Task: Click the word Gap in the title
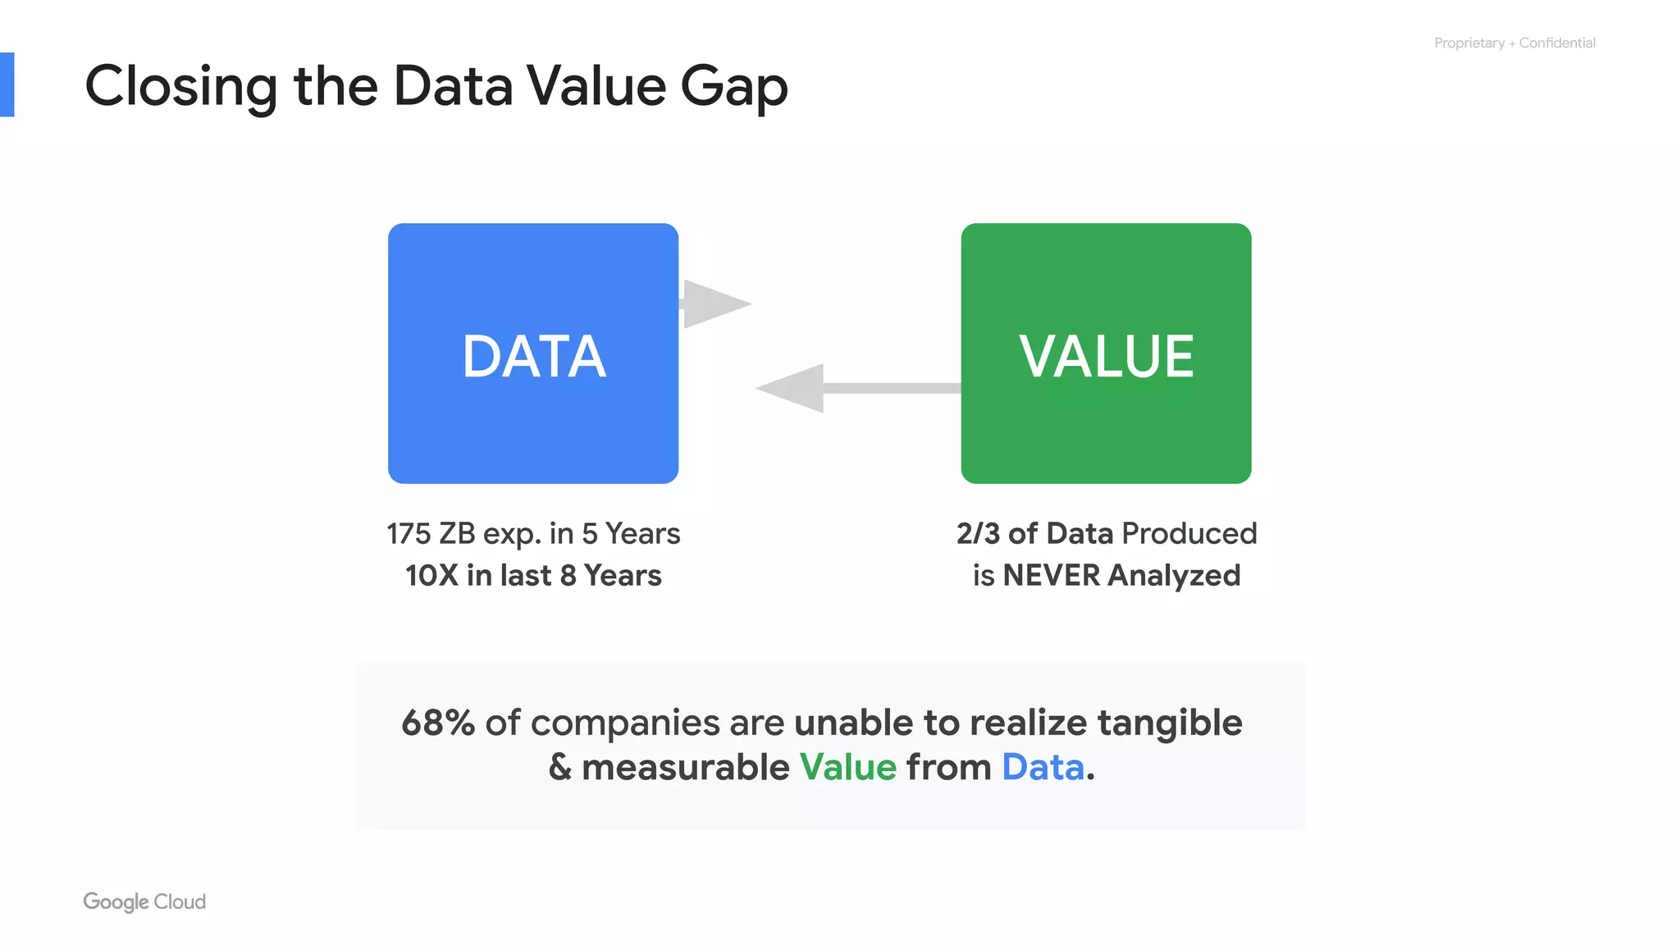(734, 87)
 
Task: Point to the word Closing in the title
(181, 87)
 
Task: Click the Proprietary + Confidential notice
(1514, 43)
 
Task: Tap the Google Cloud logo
(144, 902)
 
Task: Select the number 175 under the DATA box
(409, 534)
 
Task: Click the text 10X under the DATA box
(431, 576)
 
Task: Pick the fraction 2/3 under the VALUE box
(978, 534)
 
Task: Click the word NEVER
(1052, 576)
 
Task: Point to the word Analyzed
(1174, 576)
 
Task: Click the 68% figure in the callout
(438, 723)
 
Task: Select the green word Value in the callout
(848, 768)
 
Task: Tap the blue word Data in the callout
(1043, 768)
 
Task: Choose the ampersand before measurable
(560, 768)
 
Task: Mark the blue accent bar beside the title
(7, 84)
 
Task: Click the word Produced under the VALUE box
(1189, 534)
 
